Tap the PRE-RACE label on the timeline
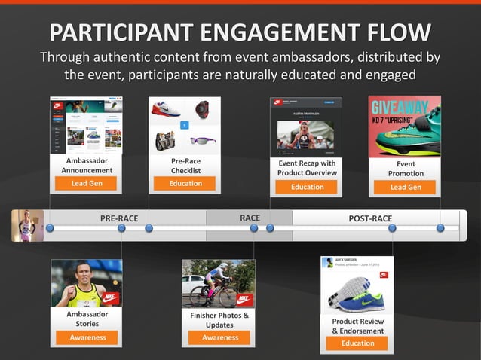pos(119,218)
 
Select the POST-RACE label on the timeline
pos(370,218)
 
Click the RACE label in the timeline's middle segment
pos(250,218)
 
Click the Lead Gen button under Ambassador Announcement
pos(87,184)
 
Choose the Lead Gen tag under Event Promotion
pos(406,187)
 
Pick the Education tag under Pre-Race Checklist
pos(185,184)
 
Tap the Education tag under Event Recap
pos(307,187)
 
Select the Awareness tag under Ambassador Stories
pos(87,337)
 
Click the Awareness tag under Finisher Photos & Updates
pos(219,338)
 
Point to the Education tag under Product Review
pos(357,343)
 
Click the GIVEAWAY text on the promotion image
pos(404,107)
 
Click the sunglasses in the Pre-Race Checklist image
pos(202,140)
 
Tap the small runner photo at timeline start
pos(28,225)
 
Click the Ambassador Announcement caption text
pos(87,166)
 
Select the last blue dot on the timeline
pos(440,228)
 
